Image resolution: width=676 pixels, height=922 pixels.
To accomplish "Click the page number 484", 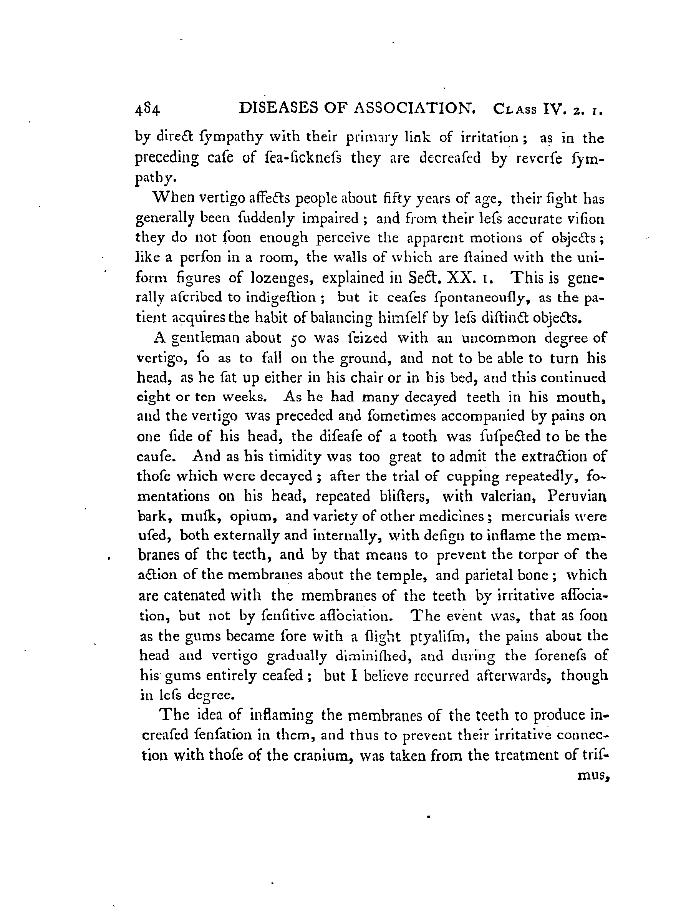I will (x=149, y=111).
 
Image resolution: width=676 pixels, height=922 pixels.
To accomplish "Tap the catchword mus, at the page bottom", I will (x=593, y=775).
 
